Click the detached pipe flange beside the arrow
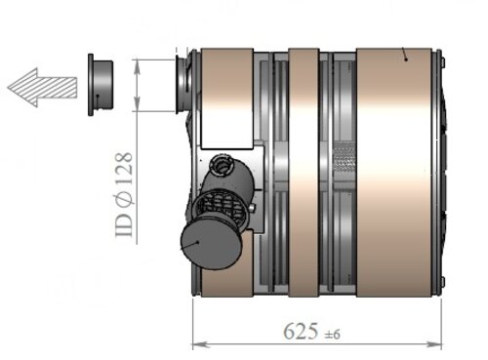(x=100, y=85)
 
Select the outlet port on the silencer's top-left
(x=182, y=83)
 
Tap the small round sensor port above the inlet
(x=224, y=166)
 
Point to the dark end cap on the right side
(x=445, y=176)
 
